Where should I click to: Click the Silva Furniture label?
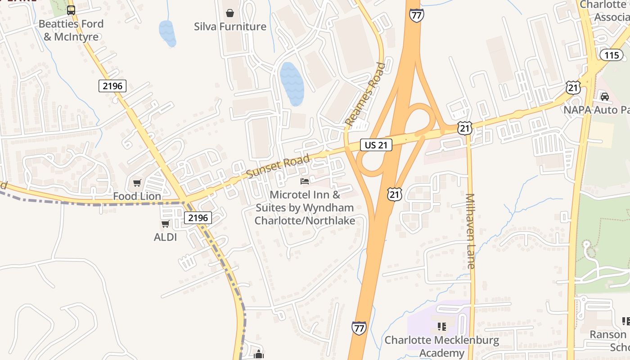click(230, 27)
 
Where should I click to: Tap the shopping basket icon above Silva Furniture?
click(230, 13)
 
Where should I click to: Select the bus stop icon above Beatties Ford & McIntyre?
click(71, 10)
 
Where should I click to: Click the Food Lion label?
click(137, 196)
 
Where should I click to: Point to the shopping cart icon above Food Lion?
click(137, 183)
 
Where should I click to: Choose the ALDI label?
click(165, 237)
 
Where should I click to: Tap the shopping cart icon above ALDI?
click(165, 224)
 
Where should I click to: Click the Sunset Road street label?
click(278, 166)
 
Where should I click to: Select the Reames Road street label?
click(365, 94)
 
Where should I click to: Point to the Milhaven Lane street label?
click(470, 231)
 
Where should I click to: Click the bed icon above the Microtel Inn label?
click(305, 181)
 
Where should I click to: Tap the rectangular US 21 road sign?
click(376, 145)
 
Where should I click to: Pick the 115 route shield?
click(612, 55)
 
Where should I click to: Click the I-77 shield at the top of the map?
click(416, 15)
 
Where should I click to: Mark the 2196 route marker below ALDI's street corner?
click(198, 218)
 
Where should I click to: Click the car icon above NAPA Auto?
click(605, 96)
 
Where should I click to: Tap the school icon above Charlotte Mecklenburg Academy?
click(441, 326)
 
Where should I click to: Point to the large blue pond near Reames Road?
click(291, 84)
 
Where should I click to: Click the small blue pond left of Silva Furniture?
click(167, 33)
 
